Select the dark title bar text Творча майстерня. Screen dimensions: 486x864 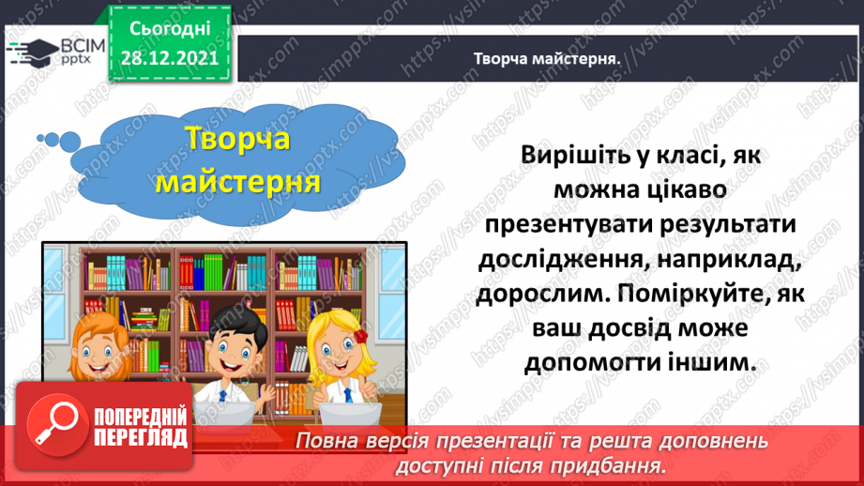click(549, 57)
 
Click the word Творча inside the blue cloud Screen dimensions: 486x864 click(238, 140)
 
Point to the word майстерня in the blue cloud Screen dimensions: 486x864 click(238, 180)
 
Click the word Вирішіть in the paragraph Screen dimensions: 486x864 click(584, 156)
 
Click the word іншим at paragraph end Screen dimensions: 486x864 click(725, 360)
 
